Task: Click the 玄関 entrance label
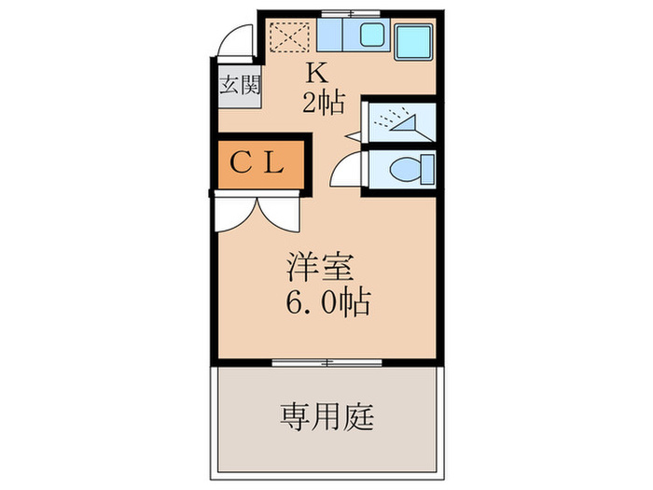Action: coord(239,87)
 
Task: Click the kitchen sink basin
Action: coord(369,37)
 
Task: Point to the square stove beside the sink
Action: coord(411,38)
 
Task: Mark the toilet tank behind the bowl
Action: coord(427,171)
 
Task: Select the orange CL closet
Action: coord(257,165)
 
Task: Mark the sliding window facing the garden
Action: coord(326,361)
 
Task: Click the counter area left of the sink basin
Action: coord(330,37)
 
